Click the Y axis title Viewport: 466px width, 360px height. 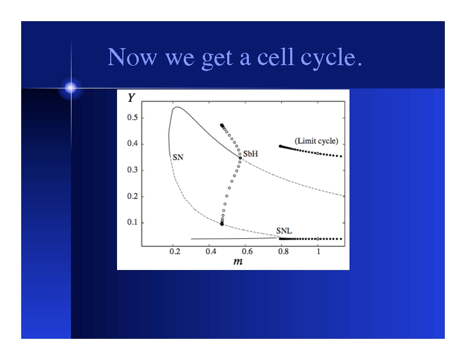[x=130, y=98]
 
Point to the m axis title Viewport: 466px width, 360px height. [x=238, y=261]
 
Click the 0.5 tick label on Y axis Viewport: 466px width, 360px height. [x=132, y=118]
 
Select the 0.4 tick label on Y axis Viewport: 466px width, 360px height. [x=132, y=143]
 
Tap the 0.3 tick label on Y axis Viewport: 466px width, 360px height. [x=132, y=170]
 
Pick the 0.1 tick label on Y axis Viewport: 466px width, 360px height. [x=132, y=222]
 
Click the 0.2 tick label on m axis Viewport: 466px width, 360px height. [x=175, y=251]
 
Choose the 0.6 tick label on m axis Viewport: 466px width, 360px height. [x=247, y=251]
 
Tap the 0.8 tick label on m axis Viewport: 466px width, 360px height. [x=283, y=251]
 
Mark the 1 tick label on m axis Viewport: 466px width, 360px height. [x=318, y=251]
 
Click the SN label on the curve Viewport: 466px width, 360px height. [x=178, y=157]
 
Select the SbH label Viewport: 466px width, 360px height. [x=250, y=154]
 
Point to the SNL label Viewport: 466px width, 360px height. [x=284, y=231]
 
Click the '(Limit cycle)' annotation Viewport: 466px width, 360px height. [x=316, y=141]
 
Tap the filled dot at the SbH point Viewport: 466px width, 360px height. [x=240, y=158]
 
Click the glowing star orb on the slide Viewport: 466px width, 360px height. [x=71, y=88]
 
